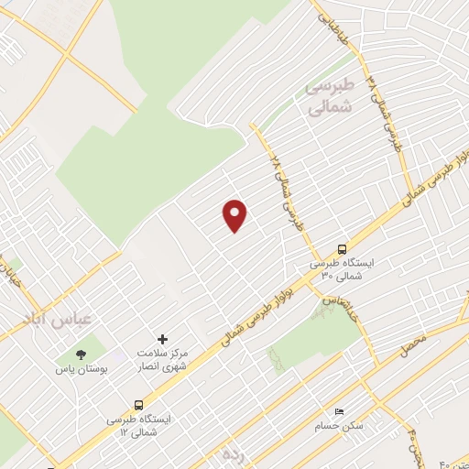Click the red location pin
point(235,214)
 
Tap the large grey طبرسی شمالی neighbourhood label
point(327,96)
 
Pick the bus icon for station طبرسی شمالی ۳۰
point(342,248)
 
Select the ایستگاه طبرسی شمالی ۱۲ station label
point(139,424)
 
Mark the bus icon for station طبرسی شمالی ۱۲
point(139,404)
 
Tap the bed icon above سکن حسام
point(340,411)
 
